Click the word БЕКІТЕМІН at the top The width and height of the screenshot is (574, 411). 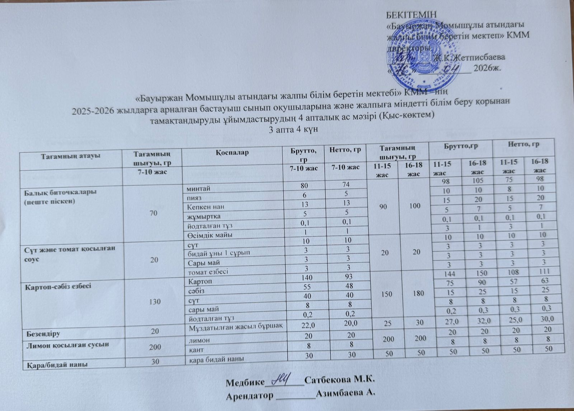coord(411,15)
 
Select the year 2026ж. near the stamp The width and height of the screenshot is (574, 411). coord(487,68)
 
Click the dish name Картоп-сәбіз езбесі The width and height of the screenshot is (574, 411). coord(56,286)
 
